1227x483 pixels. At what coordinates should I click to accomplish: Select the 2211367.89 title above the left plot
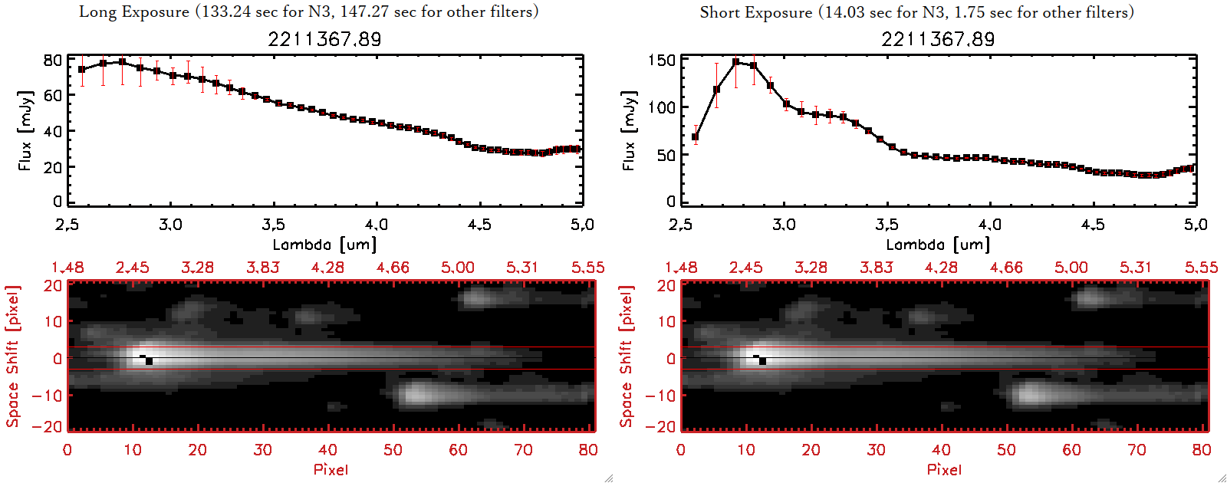[324, 39]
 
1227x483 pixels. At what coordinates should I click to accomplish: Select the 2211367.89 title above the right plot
[938, 39]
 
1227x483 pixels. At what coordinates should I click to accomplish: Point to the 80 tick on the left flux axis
[53, 60]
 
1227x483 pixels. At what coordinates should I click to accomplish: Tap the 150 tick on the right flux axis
[662, 60]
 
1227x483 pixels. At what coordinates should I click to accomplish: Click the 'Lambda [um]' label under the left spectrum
[324, 245]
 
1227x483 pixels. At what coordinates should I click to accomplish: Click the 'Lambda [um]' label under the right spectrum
[938, 245]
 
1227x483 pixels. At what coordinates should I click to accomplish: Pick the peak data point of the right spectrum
[736, 62]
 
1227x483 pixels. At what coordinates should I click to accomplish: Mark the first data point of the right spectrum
[696, 137]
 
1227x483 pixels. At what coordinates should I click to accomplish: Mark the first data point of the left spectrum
[82, 69]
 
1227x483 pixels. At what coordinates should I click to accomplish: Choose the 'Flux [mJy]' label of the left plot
[25, 130]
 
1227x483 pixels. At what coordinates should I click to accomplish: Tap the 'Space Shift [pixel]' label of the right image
[627, 356]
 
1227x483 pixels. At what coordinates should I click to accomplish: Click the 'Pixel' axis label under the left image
[331, 469]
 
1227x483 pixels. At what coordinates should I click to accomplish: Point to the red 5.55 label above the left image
[587, 268]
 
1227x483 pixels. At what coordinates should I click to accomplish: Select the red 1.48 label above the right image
[681, 268]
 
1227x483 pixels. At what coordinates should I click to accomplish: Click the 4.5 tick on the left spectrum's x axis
[479, 225]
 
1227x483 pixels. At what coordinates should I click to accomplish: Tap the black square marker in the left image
[149, 361]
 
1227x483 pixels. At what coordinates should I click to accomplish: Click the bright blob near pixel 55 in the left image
[417, 394]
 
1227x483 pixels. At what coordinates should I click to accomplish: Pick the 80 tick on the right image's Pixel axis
[1202, 450]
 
